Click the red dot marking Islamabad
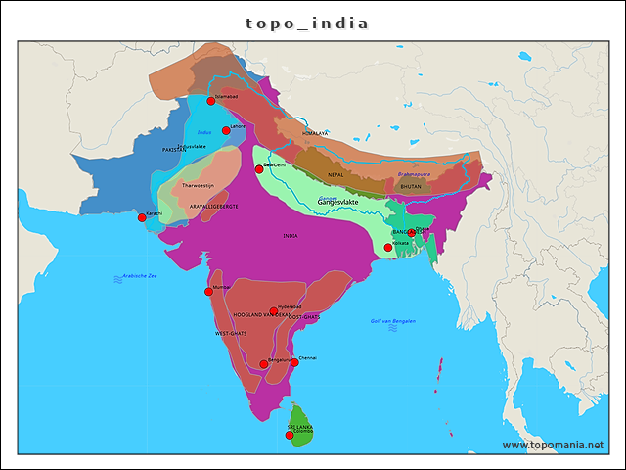tap(210, 101)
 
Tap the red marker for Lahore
tap(226, 130)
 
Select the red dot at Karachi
tap(142, 217)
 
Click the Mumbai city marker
tap(208, 291)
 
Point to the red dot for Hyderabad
tap(274, 311)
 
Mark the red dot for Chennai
tap(294, 362)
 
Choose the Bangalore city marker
tap(263, 364)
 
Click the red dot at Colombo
tap(290, 435)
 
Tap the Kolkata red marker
tap(388, 247)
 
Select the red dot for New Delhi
tap(259, 169)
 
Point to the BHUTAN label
tap(411, 185)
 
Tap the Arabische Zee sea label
tap(140, 276)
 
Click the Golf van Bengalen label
tap(393, 321)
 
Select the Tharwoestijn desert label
tap(198, 184)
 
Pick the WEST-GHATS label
tap(231, 334)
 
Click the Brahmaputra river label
tap(414, 174)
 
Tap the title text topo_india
tap(307, 23)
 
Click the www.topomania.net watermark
tap(553, 445)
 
